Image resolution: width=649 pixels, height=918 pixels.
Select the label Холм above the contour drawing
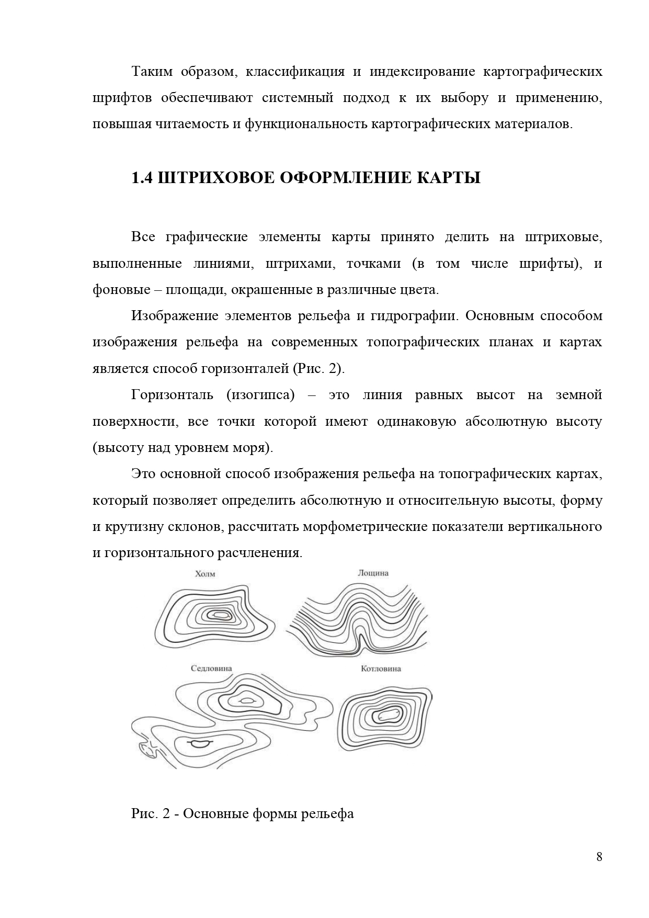204,574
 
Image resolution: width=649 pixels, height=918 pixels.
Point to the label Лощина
373,573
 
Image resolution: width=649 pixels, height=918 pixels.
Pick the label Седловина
211,668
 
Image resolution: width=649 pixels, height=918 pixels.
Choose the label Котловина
381,668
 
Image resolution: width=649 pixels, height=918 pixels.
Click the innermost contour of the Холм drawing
219,615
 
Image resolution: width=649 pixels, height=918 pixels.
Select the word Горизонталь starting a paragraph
172,395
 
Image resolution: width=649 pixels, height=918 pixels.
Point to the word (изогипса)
260,395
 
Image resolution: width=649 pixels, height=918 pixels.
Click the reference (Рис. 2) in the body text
317,369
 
